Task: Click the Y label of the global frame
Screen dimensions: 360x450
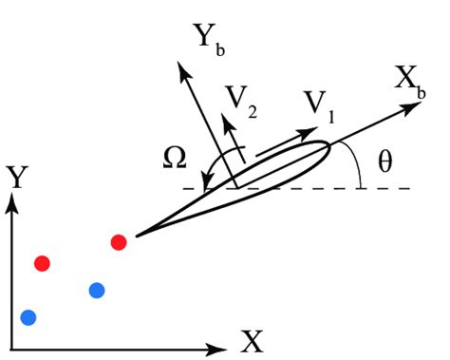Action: [16, 177]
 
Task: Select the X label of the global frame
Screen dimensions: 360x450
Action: [251, 340]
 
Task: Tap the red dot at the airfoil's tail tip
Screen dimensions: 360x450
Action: [119, 242]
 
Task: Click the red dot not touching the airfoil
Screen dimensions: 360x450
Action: [41, 262]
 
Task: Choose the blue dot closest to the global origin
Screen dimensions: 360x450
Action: [28, 316]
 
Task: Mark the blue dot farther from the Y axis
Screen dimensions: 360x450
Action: [96, 290]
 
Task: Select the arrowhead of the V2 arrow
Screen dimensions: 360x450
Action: [225, 121]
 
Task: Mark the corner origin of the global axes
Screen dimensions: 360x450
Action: [12, 339]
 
